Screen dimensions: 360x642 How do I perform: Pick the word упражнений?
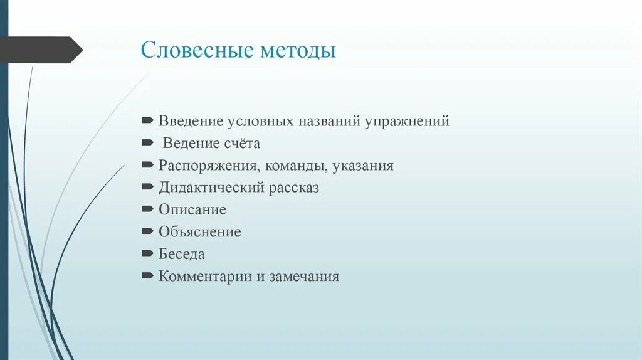tap(407, 122)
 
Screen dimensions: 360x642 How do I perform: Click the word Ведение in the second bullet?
tap(189, 144)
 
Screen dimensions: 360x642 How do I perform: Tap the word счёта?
tap(240, 144)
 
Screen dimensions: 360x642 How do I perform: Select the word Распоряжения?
tap(209, 166)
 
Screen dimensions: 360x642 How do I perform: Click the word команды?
tap(295, 166)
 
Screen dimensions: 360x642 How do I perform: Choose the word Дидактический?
tap(212, 188)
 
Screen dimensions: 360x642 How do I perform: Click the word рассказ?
tap(294, 188)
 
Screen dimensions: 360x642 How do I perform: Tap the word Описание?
tap(192, 209)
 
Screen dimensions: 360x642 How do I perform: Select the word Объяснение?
tap(199, 232)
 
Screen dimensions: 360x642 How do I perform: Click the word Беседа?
tap(182, 254)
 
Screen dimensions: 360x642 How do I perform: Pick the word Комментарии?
tap(205, 276)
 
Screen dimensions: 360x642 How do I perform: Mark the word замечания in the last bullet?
tap(304, 276)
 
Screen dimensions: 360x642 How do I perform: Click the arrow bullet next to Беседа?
tap(147, 253)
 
